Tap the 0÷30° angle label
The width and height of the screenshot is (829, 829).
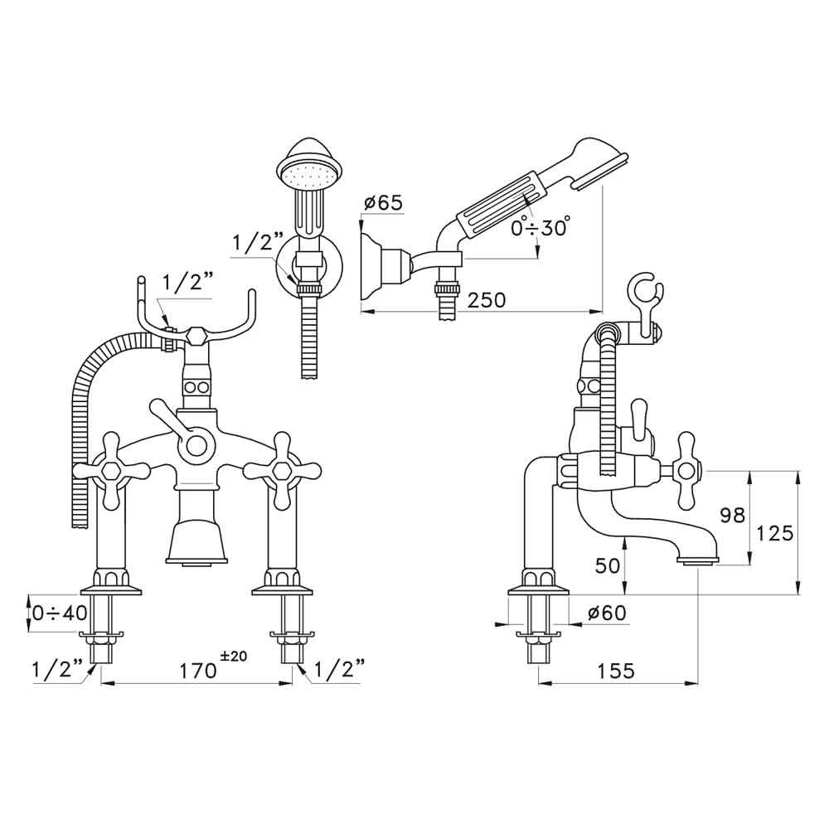pyautogui.click(x=540, y=227)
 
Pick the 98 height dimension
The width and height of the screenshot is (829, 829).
pyautogui.click(x=732, y=516)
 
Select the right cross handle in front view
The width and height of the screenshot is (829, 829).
pyautogui.click(x=281, y=470)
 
